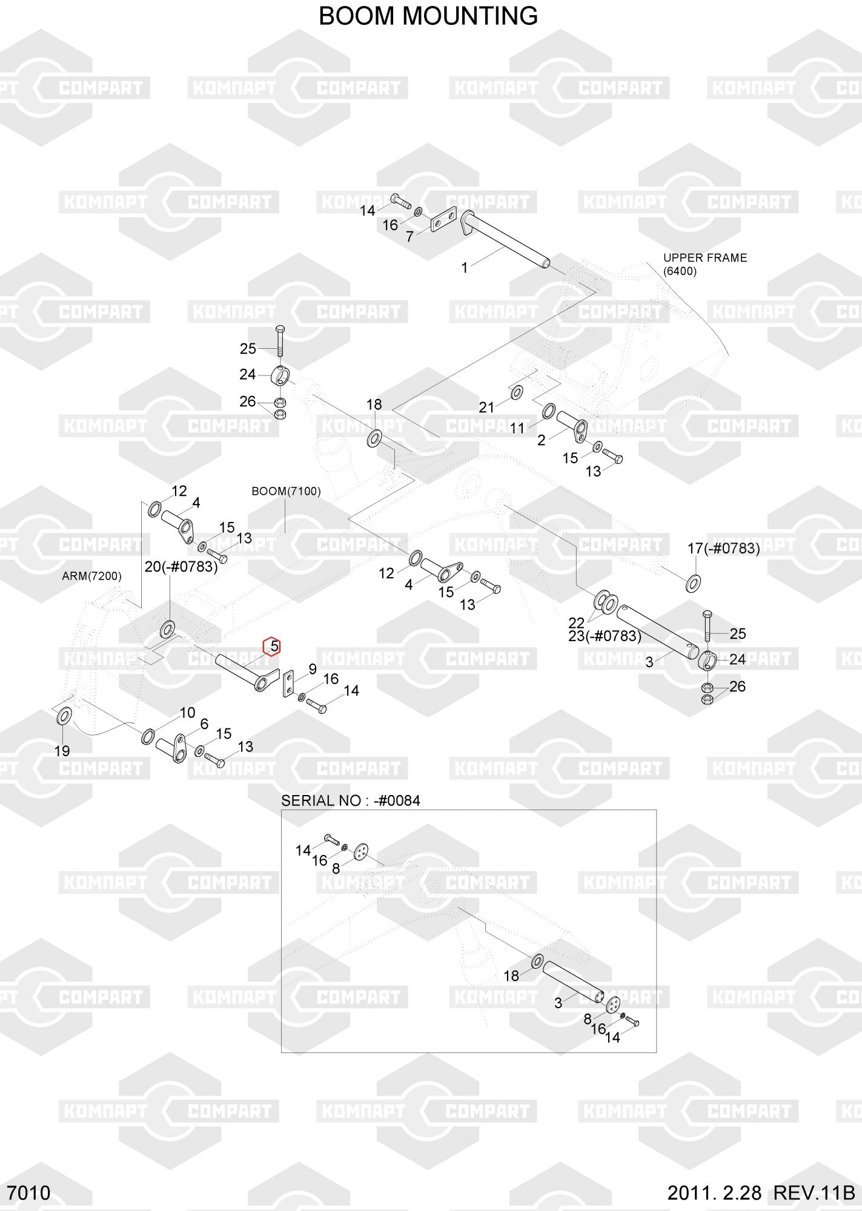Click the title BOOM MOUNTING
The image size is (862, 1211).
pos(428,16)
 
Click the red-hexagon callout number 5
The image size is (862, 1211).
pos(274,647)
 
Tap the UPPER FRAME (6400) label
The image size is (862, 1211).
pos(705,264)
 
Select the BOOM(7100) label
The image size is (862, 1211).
pos(286,490)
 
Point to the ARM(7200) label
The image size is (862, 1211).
pos(91,576)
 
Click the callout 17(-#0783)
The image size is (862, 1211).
pos(723,549)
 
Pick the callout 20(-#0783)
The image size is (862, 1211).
pos(181,567)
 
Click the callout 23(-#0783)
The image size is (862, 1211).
pos(605,636)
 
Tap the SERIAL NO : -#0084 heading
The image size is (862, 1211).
pos(350,800)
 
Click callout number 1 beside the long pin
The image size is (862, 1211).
pos(465,268)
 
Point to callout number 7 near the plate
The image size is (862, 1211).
pos(409,237)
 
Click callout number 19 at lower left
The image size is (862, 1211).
pos(62,751)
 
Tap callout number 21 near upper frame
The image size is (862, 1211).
pos(486,408)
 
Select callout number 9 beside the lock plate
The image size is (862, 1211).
pos(313,669)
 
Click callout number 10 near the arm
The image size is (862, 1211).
pos(187,713)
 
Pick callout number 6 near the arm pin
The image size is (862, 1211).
pos(204,724)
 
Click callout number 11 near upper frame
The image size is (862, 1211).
pos(517,428)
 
